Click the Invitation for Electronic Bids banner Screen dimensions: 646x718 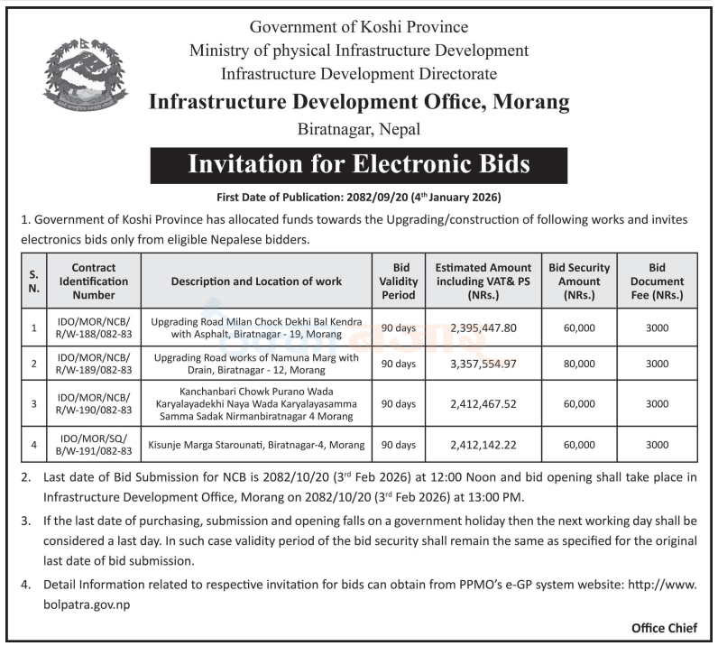(x=358, y=165)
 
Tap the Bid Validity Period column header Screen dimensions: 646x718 (x=397, y=281)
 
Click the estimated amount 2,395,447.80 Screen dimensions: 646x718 (x=483, y=328)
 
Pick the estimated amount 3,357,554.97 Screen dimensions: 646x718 (x=483, y=364)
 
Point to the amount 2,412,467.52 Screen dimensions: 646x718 (x=483, y=403)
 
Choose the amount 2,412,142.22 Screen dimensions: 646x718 (x=483, y=445)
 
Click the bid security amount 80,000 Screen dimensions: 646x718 (x=578, y=364)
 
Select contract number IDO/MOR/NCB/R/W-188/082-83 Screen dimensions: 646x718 (x=94, y=328)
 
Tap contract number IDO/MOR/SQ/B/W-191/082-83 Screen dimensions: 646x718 (x=94, y=445)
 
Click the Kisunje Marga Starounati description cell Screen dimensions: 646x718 (x=257, y=445)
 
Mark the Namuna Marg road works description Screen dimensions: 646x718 (x=257, y=364)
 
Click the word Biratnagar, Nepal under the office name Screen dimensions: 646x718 (x=358, y=129)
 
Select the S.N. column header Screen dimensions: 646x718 (x=33, y=281)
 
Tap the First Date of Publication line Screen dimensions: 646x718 (x=358, y=197)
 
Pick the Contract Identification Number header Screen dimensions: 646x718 (x=94, y=281)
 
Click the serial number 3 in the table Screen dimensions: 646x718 (x=33, y=403)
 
